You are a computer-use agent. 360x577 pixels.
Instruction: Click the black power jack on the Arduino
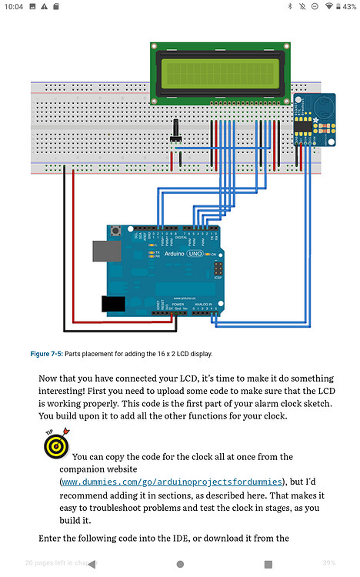pos(114,303)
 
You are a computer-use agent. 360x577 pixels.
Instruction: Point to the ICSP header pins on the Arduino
pos(218,268)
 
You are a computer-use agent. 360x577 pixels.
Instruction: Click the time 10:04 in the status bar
pos(13,7)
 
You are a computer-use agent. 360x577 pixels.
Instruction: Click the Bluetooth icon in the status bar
pos(290,7)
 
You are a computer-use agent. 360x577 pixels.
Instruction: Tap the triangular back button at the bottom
pos(92,564)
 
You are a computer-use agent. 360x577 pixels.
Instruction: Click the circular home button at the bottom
pos(180,564)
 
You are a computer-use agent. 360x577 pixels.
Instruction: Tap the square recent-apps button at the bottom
pos(268,564)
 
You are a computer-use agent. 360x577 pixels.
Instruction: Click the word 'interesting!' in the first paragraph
pos(67,392)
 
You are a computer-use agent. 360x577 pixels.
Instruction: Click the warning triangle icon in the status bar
pos(44,7)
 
